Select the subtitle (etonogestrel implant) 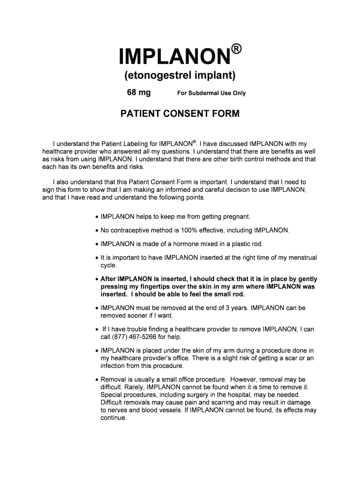180,75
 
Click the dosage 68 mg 139,93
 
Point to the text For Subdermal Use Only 211,93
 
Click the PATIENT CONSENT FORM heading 180,114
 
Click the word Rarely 134,387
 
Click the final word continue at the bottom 114,418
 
